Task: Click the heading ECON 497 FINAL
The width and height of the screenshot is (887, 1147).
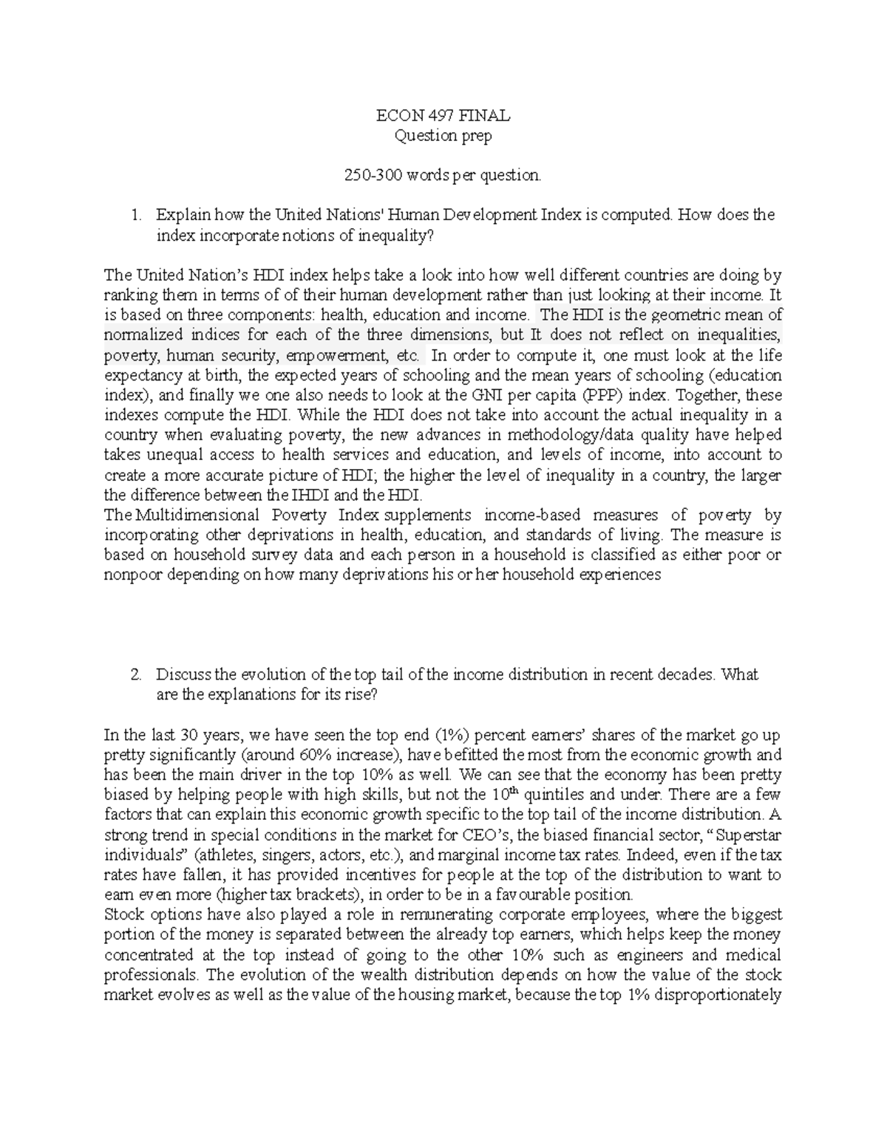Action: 443,116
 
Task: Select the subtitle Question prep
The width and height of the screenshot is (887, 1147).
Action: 443,136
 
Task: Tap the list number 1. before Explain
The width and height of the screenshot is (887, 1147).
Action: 135,216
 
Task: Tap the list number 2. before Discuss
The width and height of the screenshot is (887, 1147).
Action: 135,675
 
